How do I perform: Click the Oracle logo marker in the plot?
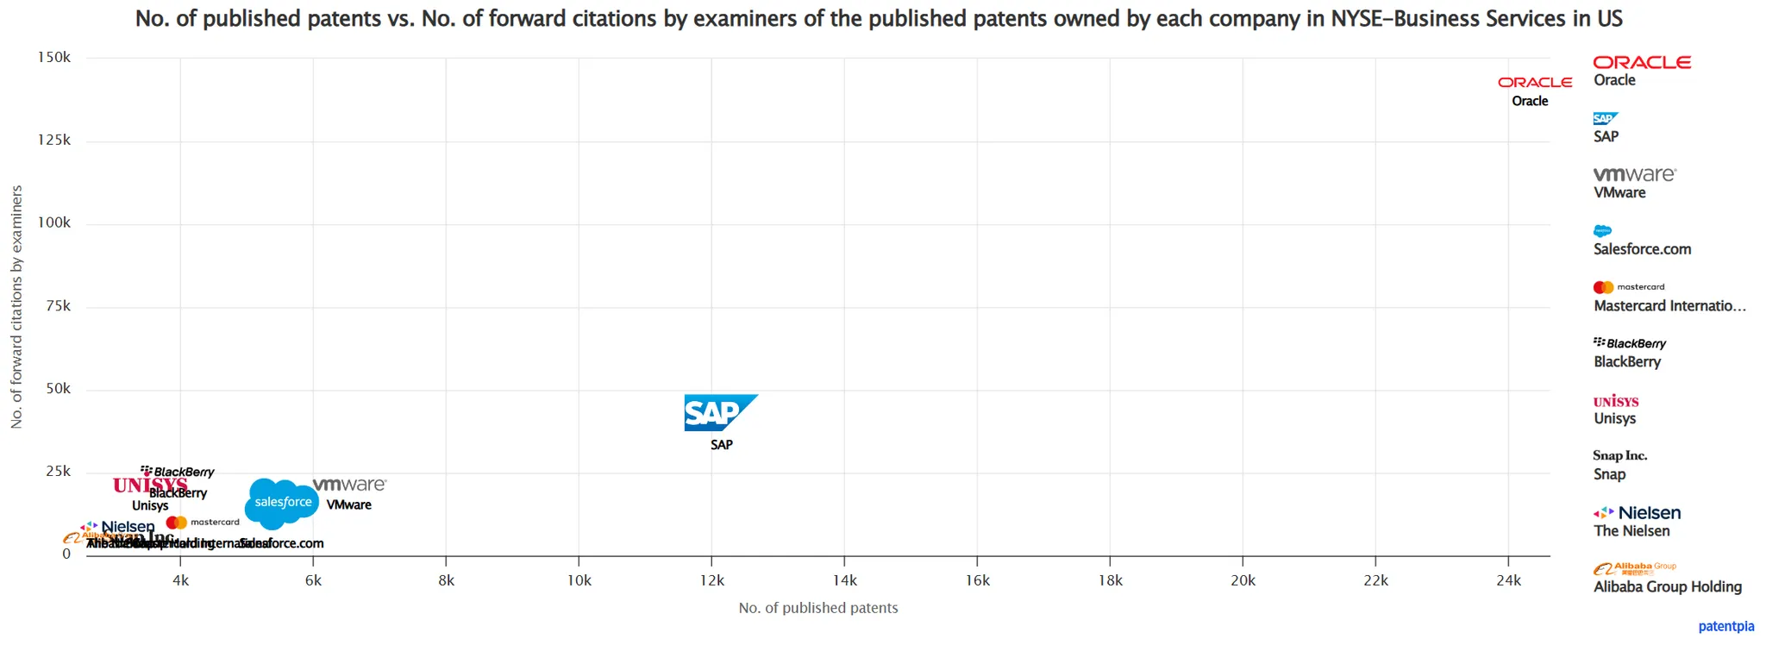tap(1534, 83)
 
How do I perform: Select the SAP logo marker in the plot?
tap(720, 413)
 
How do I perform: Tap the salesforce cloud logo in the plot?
tap(282, 503)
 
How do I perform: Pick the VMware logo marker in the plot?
tap(349, 485)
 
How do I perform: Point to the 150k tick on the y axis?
tap(54, 58)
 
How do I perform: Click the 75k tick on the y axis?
tap(58, 306)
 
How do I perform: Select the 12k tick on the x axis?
tap(711, 580)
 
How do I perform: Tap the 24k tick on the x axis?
tap(1508, 580)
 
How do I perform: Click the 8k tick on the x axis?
tap(446, 580)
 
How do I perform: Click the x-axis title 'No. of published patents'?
tap(817, 608)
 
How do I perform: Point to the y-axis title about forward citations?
tap(16, 306)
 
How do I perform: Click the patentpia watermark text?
tap(1725, 626)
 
